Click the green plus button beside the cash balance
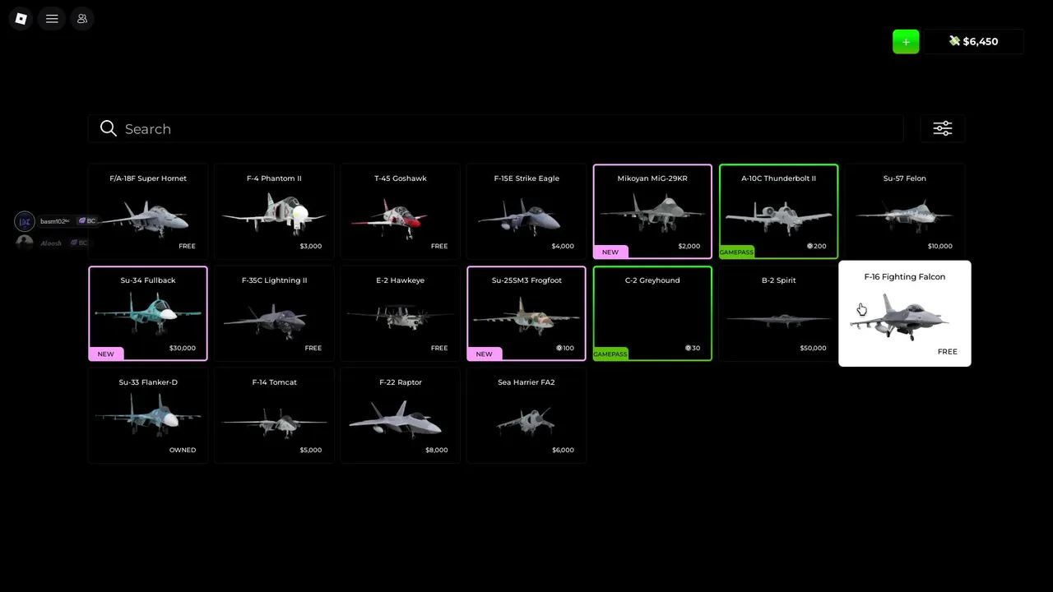906,42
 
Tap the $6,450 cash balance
974,41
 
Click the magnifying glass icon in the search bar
108,128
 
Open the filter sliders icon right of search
942,128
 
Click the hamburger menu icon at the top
52,19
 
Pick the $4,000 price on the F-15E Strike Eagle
563,246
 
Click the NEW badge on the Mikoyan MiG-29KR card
610,252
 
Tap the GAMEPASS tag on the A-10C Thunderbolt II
736,252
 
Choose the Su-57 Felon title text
904,178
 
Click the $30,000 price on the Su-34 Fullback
183,348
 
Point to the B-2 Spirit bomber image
778,319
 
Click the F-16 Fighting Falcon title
904,277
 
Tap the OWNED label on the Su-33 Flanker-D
183,450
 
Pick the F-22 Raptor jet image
396,419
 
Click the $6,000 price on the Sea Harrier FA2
563,450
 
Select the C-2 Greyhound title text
652,280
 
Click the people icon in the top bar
81,19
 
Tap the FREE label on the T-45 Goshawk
439,246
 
